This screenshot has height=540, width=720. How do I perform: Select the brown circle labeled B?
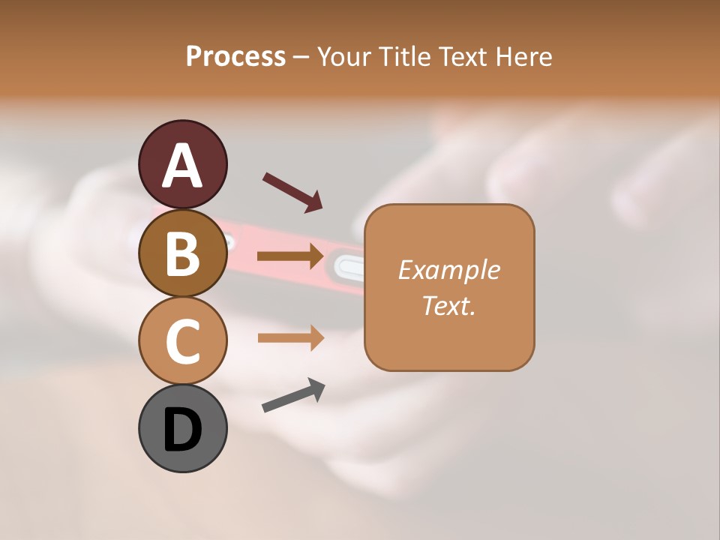[183, 253]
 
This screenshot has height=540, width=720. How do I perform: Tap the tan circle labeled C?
[183, 341]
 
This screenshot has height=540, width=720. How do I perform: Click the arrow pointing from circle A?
[292, 192]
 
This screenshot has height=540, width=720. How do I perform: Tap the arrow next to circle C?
[291, 338]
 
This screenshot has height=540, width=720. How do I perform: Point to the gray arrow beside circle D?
[293, 395]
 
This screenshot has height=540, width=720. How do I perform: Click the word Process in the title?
[235, 57]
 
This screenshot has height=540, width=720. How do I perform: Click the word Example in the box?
[448, 270]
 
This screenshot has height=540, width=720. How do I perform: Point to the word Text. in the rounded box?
[448, 305]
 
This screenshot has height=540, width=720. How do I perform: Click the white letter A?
[183, 165]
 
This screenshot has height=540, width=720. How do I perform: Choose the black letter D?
[183, 430]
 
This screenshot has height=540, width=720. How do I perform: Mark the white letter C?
[183, 341]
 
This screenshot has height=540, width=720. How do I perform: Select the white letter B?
[183, 253]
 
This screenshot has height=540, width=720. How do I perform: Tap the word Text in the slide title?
[460, 57]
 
